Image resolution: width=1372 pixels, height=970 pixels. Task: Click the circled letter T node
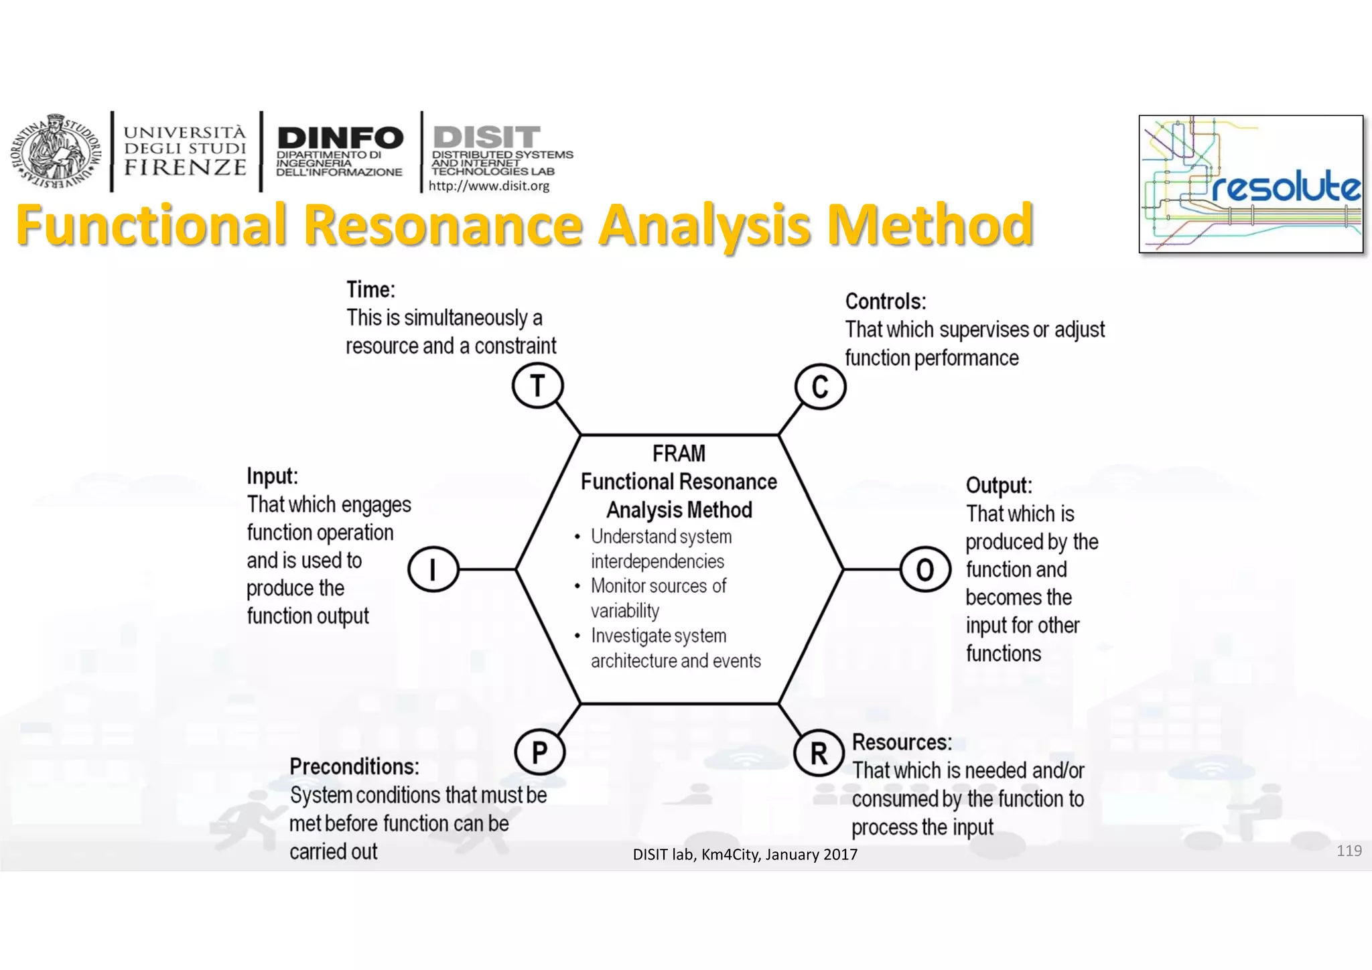tap(537, 387)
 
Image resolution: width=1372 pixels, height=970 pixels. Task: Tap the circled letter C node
tap(820, 387)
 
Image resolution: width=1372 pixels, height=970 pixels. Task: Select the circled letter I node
tap(433, 569)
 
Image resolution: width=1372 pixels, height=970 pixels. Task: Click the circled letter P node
tap(539, 752)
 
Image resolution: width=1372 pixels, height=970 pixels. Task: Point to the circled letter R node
tap(819, 753)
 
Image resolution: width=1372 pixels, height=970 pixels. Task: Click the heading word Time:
tap(370, 289)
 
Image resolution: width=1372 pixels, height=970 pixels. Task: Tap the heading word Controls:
tap(885, 301)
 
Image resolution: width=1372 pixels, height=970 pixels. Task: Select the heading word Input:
tap(272, 476)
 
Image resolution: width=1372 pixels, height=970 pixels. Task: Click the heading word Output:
tap(998, 485)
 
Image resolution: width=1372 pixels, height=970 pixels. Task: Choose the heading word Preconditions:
tap(354, 766)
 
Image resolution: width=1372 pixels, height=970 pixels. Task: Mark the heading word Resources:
tap(901, 742)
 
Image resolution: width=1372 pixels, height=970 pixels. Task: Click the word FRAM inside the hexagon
tap(679, 454)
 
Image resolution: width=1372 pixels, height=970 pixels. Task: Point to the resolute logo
tap(1250, 184)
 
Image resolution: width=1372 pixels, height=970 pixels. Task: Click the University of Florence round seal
tap(55, 151)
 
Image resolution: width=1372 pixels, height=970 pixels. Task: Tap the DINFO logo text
tap(340, 138)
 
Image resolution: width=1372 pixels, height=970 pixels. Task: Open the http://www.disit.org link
tap(488, 186)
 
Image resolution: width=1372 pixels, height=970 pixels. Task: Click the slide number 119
tap(1349, 851)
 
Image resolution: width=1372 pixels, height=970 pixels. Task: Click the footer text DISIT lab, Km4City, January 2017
tap(745, 855)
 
